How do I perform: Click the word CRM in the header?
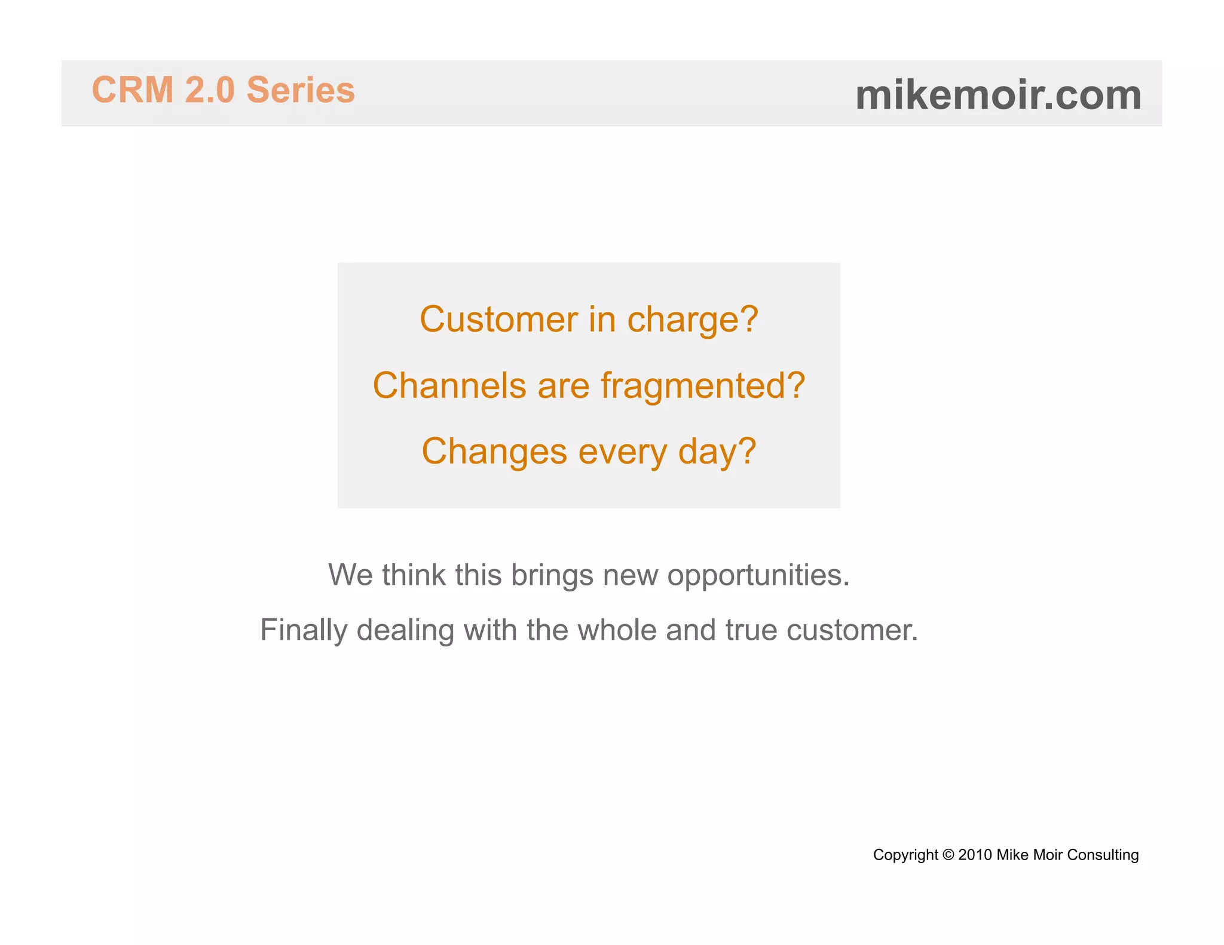pyautogui.click(x=132, y=90)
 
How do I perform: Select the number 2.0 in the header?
pyautogui.click(x=210, y=90)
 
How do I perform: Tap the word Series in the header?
pyautogui.click(x=301, y=90)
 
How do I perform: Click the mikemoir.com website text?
pyautogui.click(x=998, y=95)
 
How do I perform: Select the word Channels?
pyautogui.click(x=449, y=385)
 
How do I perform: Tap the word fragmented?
pyautogui.click(x=703, y=386)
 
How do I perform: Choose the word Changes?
pyautogui.click(x=494, y=452)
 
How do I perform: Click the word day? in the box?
pyautogui.click(x=717, y=452)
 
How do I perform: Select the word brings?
pyautogui.click(x=552, y=576)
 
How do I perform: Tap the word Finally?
pyautogui.click(x=304, y=631)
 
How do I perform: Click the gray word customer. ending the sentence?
pyautogui.click(x=852, y=630)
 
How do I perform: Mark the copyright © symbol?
pyautogui.click(x=948, y=855)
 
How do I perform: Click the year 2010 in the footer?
pyautogui.click(x=975, y=855)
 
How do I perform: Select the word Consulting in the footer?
pyautogui.click(x=1103, y=855)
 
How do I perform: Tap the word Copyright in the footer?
pyautogui.click(x=905, y=855)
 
